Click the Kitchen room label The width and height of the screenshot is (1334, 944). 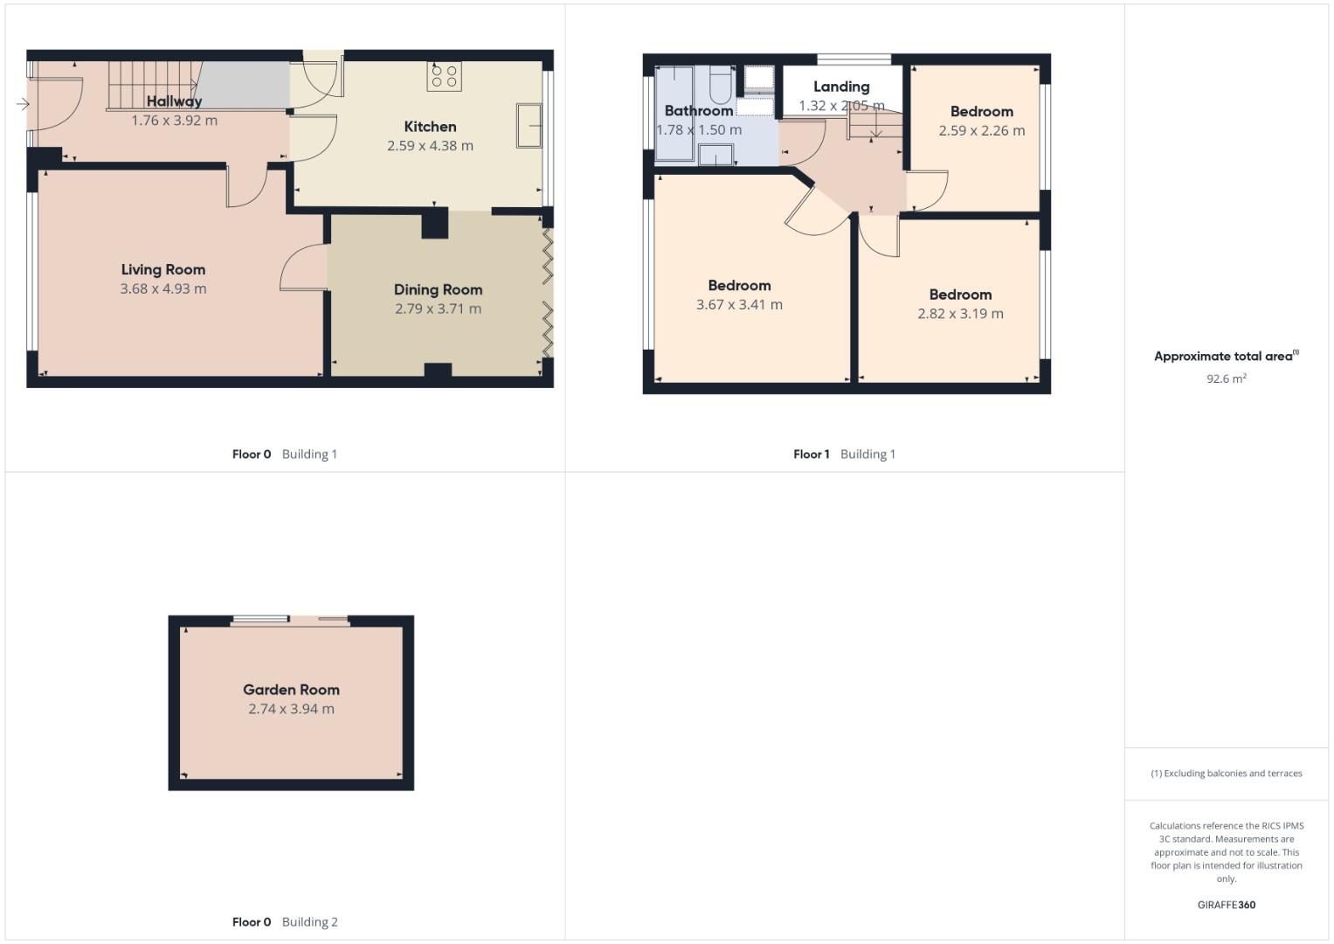click(430, 127)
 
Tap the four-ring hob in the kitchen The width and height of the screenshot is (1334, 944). click(445, 77)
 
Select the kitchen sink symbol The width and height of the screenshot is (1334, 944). click(529, 125)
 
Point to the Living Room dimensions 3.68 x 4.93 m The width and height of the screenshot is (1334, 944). click(163, 289)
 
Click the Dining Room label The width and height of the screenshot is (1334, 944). click(438, 290)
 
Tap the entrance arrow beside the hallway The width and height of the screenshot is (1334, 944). click(23, 104)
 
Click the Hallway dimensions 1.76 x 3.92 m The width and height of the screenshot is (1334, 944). click(174, 121)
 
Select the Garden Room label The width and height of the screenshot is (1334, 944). click(291, 690)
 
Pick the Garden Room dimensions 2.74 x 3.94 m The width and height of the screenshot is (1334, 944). click(291, 709)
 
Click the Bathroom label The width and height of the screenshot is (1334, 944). click(699, 111)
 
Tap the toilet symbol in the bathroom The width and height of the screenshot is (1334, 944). click(721, 85)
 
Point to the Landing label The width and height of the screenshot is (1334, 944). click(841, 87)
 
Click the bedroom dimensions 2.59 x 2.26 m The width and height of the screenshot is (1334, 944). click(981, 130)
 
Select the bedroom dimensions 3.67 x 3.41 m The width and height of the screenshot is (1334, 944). click(739, 304)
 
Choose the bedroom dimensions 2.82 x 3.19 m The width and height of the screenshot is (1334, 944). click(960, 314)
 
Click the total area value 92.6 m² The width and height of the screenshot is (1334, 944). click(1227, 378)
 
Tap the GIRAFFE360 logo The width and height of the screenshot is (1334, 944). click(1227, 905)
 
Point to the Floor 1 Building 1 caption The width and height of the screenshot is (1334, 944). click(844, 455)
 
